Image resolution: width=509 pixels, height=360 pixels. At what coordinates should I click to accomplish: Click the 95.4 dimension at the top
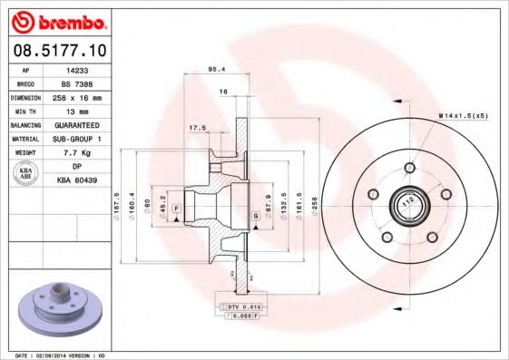tap(217, 70)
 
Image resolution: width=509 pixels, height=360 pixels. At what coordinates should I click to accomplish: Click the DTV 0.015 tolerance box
tap(239, 308)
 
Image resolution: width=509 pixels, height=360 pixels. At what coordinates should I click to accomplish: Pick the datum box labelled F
tap(175, 209)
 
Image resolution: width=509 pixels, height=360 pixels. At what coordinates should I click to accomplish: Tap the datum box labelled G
tap(257, 215)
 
